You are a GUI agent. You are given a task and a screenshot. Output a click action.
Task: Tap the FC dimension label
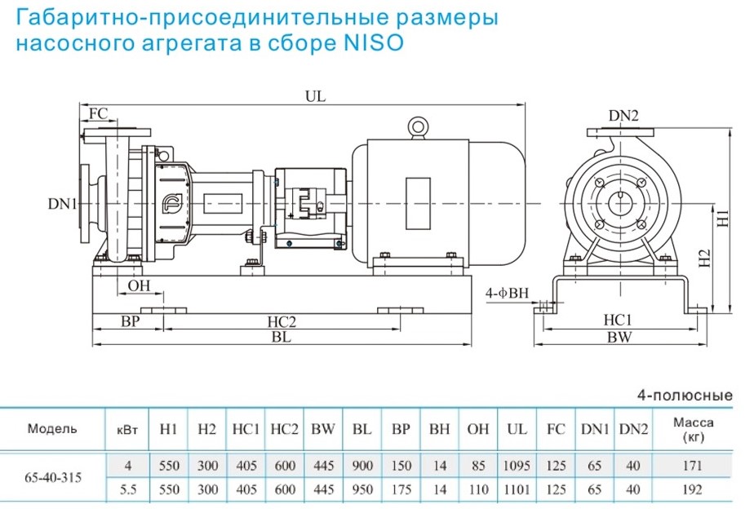98,113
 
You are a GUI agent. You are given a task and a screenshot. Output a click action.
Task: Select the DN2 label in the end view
623,117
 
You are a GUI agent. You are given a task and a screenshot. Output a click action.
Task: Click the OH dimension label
139,285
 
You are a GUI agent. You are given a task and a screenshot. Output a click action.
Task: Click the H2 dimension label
706,259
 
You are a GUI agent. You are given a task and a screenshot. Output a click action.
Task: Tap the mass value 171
694,465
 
